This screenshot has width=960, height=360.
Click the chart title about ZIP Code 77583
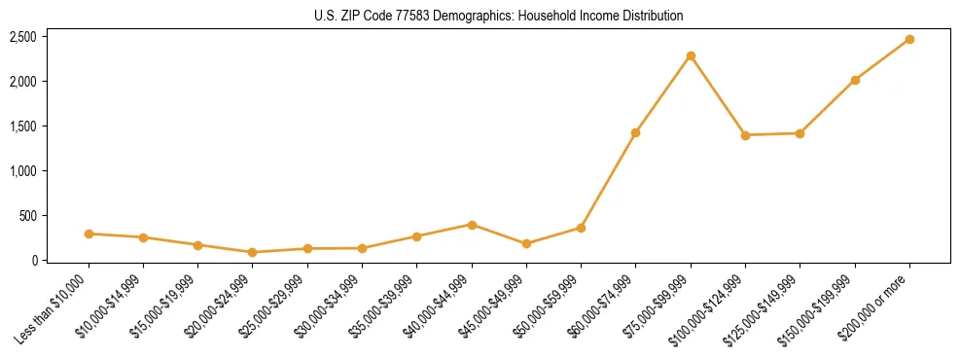499,16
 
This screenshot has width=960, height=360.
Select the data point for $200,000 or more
909,39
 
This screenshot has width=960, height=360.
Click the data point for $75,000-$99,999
691,55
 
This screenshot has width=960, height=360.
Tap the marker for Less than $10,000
89,234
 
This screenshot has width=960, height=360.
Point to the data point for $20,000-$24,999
253,252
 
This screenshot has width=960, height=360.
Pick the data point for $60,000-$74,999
636,132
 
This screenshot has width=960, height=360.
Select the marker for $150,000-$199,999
855,80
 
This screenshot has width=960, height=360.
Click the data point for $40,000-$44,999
472,225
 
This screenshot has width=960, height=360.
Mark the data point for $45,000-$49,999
526,243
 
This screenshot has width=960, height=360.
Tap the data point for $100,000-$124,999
745,135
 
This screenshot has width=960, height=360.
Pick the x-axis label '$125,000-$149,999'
766,308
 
